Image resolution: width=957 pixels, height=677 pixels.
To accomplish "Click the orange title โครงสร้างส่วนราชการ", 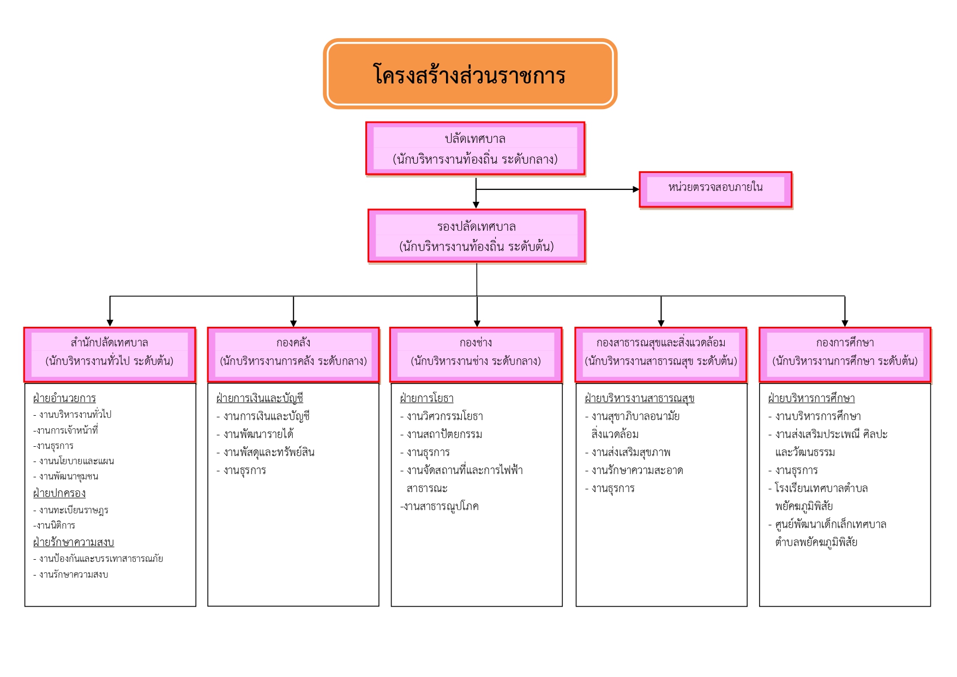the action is click(470, 74).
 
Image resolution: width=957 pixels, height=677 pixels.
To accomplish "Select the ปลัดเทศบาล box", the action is click(476, 148).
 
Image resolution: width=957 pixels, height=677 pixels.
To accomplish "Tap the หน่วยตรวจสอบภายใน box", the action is click(715, 189).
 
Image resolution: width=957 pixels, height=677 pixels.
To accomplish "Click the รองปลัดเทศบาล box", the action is click(477, 236).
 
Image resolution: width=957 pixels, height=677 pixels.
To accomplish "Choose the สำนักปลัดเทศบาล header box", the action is click(110, 355).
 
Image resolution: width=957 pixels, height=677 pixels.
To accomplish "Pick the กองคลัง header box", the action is click(293, 355).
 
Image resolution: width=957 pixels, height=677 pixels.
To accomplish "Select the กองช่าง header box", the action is click(476, 355).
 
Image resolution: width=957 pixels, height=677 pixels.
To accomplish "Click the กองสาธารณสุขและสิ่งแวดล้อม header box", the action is click(661, 355).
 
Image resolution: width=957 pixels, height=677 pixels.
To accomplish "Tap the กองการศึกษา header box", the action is click(845, 355).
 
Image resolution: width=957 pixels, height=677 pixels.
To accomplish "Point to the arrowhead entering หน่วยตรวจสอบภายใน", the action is click(636, 189).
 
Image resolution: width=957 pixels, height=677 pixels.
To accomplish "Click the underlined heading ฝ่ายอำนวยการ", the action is click(64, 398).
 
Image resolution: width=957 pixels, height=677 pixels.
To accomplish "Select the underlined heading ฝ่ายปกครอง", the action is click(59, 493).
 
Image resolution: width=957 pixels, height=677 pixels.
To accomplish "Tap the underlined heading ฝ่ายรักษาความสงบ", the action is click(74, 542).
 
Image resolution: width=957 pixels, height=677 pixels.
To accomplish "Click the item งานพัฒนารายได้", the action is click(258, 434).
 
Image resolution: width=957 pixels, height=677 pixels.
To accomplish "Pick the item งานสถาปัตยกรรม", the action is click(444, 434).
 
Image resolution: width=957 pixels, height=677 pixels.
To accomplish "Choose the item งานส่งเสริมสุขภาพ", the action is click(631, 452).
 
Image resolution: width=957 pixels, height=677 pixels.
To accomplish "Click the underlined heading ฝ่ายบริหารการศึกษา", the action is click(811, 398).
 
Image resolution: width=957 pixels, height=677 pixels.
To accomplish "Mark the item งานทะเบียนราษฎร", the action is click(74, 510).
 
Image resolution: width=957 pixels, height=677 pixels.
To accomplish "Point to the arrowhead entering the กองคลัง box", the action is click(293, 323).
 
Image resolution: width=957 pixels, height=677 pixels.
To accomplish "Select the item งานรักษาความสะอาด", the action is click(637, 470).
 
